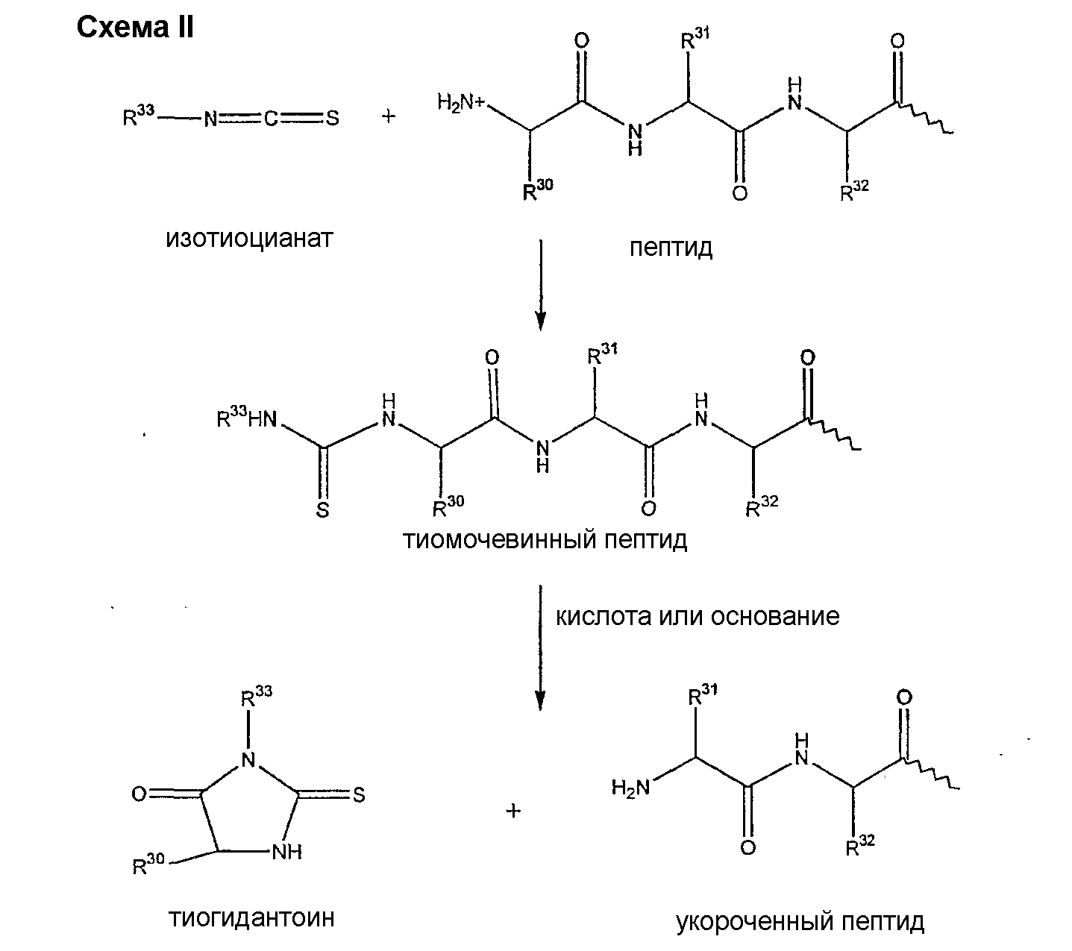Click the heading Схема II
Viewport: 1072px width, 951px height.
[135, 28]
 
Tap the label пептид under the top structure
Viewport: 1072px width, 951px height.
[671, 247]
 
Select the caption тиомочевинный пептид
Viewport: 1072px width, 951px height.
[545, 539]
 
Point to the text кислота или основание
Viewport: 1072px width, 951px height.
[698, 616]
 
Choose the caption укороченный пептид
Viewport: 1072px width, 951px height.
[800, 922]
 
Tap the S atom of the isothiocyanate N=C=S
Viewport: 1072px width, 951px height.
[333, 118]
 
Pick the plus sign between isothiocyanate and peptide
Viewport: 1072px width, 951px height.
[389, 117]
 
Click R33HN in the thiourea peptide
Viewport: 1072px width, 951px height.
[246, 418]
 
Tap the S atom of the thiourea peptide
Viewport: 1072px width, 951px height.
[323, 510]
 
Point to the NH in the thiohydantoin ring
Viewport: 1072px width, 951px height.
[286, 852]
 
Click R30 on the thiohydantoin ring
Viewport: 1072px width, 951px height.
[148, 865]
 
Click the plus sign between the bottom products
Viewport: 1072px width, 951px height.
[513, 811]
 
